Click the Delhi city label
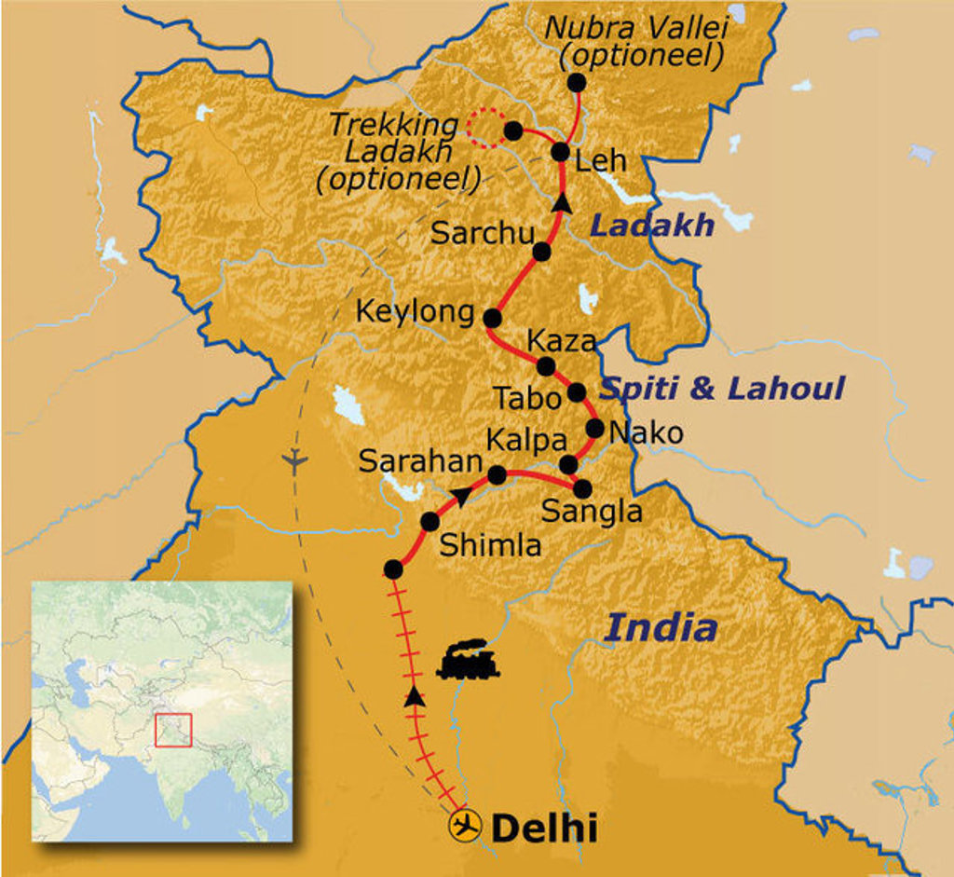[x=543, y=827]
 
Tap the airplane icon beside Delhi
[x=464, y=826]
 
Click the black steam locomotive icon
[x=468, y=660]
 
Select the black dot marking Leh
[x=561, y=152]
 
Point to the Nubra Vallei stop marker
[x=577, y=82]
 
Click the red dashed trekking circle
[x=483, y=129]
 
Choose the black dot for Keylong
[x=493, y=318]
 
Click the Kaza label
[x=561, y=341]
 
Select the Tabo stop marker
[x=577, y=392]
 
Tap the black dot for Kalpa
[x=568, y=464]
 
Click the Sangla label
[x=593, y=512]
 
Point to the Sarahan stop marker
[x=497, y=475]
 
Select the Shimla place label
[x=490, y=545]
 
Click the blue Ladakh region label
[x=652, y=225]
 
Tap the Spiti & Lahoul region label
[x=723, y=388]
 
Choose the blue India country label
[x=661, y=628]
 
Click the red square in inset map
[x=173, y=730]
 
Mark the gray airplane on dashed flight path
[x=294, y=460]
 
